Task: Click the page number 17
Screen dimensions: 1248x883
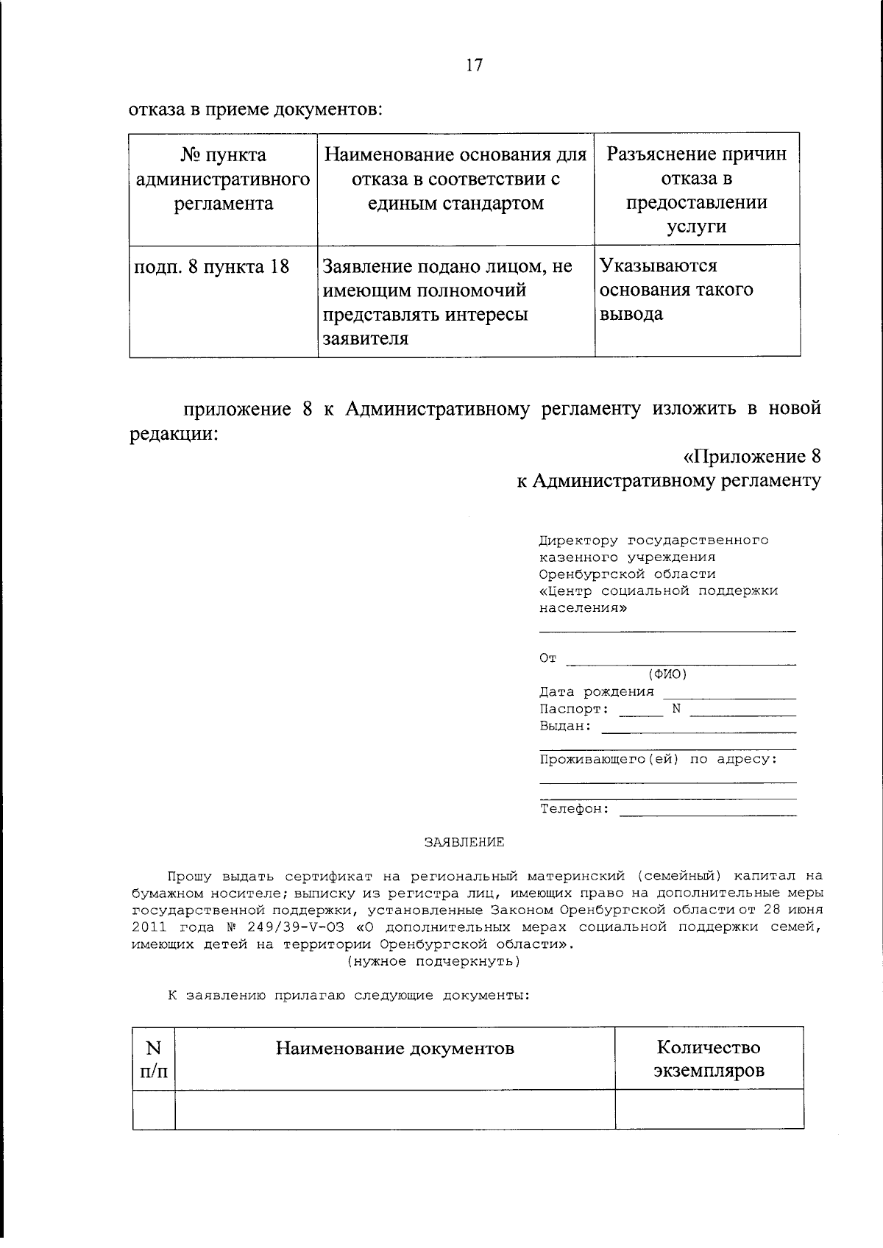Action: (x=474, y=65)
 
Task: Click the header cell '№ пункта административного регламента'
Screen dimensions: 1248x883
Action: (x=223, y=179)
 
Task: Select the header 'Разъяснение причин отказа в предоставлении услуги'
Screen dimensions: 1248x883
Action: (x=696, y=190)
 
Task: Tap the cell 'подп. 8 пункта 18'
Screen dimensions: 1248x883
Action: (x=212, y=267)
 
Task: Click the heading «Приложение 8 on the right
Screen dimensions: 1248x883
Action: (x=752, y=457)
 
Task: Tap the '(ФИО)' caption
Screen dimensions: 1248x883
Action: (x=667, y=674)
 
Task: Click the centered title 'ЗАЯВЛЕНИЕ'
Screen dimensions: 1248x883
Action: (x=464, y=843)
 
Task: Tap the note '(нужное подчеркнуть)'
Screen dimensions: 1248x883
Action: (x=433, y=961)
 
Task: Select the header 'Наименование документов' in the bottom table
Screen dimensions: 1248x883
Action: (x=394, y=1048)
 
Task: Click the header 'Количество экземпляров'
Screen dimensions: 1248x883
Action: (x=709, y=1058)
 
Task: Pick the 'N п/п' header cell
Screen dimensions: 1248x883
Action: (x=154, y=1059)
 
